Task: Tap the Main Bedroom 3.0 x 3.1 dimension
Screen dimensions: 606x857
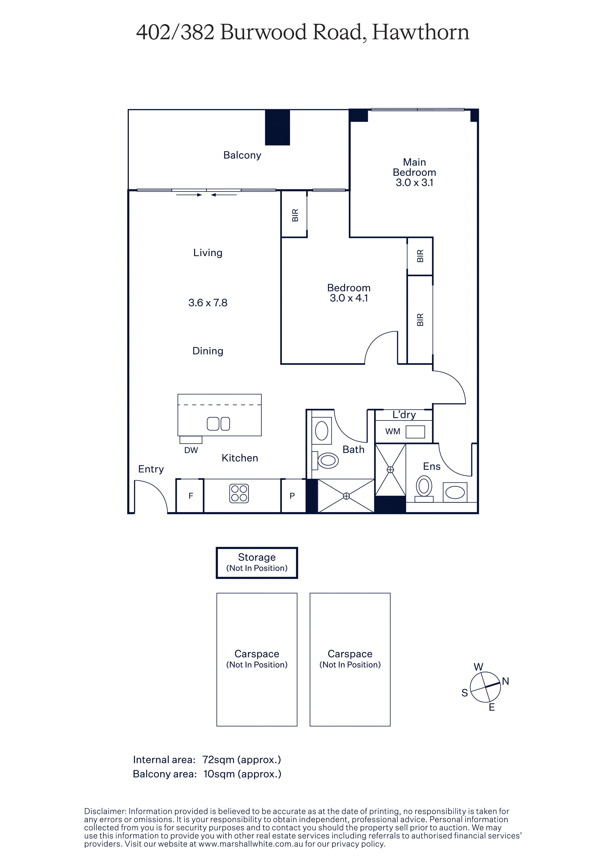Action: coord(414,182)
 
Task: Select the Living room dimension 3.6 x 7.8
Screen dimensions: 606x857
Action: coord(208,303)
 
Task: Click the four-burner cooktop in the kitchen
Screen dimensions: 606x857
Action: coord(239,493)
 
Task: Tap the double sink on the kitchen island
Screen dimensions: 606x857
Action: coord(219,424)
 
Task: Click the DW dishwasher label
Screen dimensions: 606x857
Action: coord(191,450)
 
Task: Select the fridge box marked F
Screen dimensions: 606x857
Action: coord(190,496)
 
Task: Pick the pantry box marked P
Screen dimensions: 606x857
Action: coord(293,496)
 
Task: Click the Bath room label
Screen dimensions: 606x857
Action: coord(353,450)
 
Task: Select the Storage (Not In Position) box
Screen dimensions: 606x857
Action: coord(257,563)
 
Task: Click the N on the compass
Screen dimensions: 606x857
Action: coord(506,681)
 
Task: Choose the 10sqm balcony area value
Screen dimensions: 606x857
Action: coord(219,774)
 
